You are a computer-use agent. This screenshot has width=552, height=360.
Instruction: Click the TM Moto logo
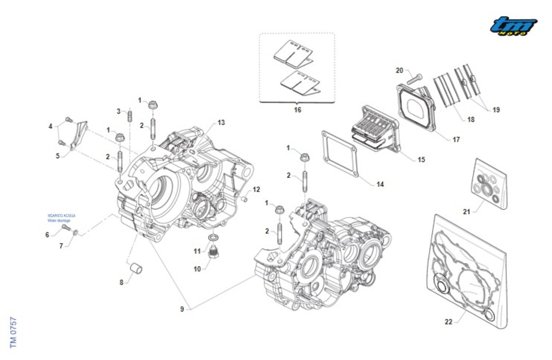513,26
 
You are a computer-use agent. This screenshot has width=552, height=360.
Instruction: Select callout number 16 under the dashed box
297,110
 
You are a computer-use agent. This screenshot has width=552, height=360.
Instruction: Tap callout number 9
182,309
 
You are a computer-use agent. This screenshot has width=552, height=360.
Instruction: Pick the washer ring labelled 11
213,237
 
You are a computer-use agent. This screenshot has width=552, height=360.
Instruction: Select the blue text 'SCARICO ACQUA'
62,215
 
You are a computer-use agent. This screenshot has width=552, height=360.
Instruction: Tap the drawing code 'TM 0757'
13,332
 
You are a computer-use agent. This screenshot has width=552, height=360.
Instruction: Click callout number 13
221,123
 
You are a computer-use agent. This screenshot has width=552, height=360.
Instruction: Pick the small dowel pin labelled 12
244,198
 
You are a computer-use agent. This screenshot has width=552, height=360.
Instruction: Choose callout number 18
471,120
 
